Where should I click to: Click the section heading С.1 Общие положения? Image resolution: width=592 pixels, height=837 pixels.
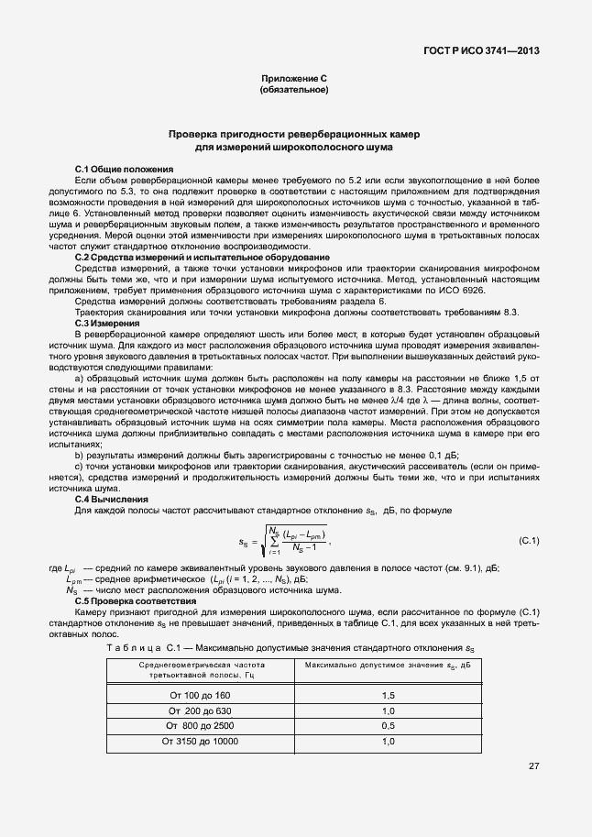124,171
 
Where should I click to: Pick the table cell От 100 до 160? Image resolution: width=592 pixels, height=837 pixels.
201,696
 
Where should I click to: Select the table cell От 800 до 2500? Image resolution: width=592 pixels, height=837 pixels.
201,725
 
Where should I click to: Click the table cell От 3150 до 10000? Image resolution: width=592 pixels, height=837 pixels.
201,740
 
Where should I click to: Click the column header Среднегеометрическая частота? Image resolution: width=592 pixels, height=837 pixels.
201,664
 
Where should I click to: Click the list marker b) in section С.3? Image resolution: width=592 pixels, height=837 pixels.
79,455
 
